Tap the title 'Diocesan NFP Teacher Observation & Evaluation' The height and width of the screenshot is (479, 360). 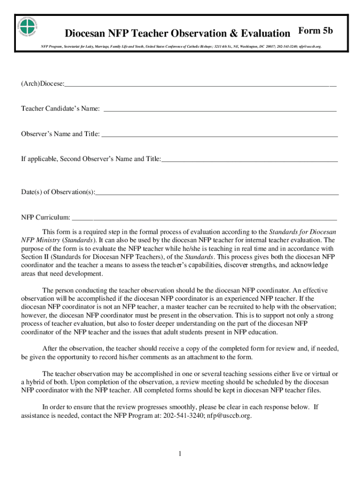[177, 33]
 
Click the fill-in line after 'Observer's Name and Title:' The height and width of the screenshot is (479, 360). [220, 135]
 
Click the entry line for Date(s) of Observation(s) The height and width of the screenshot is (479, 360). [217, 193]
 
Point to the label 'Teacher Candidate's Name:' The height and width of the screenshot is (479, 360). [60, 109]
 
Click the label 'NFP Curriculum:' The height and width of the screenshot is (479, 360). [46, 218]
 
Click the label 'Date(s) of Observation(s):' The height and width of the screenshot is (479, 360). [58, 192]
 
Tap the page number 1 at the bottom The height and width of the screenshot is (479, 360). [180, 454]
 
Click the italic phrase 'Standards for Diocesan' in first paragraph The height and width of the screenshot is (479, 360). [302, 232]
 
